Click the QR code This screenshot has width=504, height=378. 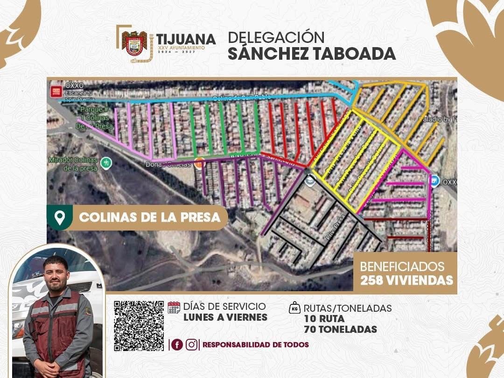coord(139,326)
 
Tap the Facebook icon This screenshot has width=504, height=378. coord(177,345)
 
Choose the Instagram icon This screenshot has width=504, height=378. coord(191,345)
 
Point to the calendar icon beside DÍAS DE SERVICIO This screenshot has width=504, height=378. coord(174,308)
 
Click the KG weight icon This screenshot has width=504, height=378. coord(294,308)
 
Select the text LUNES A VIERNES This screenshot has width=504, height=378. coord(225,317)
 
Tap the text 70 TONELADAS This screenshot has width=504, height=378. coord(340,329)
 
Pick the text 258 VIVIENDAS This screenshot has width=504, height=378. coord(406,280)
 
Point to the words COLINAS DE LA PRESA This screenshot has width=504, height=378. coord(150,217)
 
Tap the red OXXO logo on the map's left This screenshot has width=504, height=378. coord(56,91)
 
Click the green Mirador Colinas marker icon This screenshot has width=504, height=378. coord(107,162)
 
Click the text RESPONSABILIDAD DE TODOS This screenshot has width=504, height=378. coord(256,345)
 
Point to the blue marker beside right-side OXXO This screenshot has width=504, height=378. coord(434,182)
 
